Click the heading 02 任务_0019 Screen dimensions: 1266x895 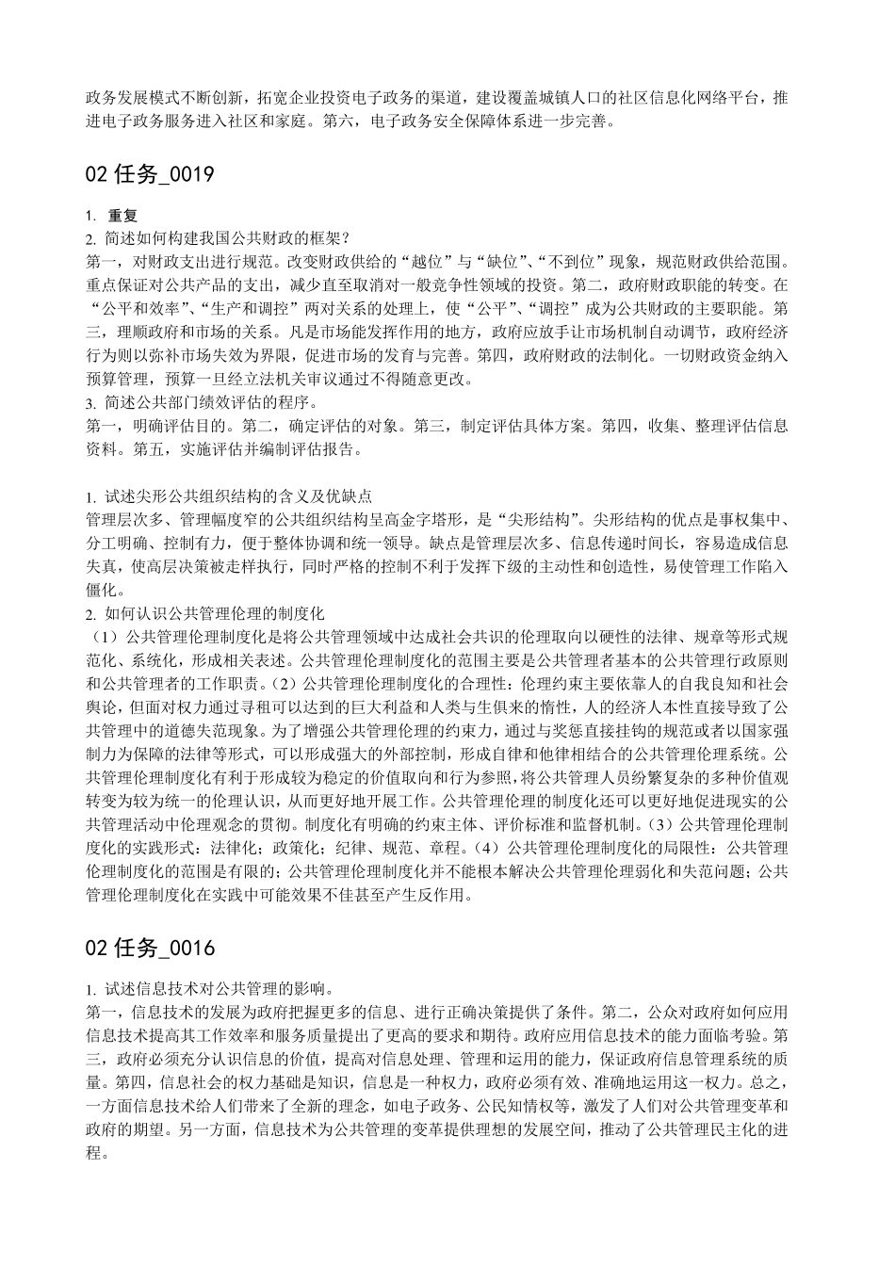click(151, 173)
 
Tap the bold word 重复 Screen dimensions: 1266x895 click(122, 216)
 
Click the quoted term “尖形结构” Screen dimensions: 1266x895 click(540, 520)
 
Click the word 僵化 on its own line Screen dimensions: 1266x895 click(101, 591)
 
